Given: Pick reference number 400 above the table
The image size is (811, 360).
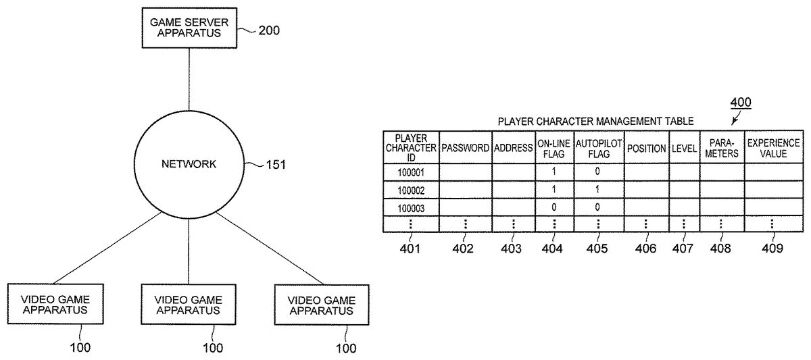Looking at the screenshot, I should click(740, 103).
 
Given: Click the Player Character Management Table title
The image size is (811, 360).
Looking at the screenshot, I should click(595, 122).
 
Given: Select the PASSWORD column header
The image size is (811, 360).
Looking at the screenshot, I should click(465, 148).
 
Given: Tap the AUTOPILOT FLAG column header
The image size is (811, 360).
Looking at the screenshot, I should click(598, 148).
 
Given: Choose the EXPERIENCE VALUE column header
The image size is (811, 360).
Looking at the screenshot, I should click(774, 148).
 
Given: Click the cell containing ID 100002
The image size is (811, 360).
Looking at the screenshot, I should click(411, 190).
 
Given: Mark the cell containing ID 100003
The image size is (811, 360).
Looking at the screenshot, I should click(411, 207).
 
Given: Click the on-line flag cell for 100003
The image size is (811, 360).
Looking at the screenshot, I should click(554, 207).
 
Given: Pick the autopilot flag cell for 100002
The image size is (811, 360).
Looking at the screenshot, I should click(598, 190).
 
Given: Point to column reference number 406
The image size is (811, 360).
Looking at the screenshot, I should click(645, 249).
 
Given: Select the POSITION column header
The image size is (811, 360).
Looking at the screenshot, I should click(646, 148).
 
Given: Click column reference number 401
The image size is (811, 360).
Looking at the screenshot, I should click(410, 249).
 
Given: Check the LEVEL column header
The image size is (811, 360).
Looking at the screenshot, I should click(684, 148).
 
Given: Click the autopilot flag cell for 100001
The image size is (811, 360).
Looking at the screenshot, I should click(598, 172).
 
